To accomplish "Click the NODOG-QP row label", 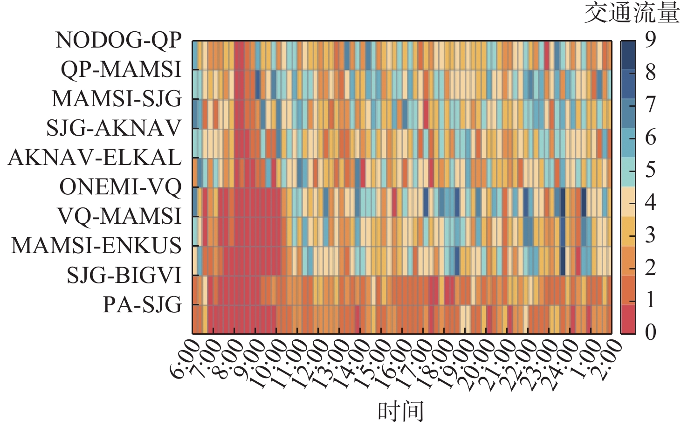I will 118,41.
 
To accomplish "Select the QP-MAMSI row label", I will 121,70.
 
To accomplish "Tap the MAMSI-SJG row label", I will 117,99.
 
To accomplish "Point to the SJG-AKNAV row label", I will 114,128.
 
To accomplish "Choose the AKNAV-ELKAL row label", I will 95,158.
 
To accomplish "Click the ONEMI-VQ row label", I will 120,187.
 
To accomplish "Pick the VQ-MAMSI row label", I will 119,216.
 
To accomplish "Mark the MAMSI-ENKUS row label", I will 96,246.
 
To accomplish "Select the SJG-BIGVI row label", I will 124,275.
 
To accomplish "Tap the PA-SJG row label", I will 142,305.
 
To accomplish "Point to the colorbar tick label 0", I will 650,332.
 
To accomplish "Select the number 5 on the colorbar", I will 650,170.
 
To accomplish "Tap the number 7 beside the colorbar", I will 650,104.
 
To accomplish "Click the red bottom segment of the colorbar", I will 627,319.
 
